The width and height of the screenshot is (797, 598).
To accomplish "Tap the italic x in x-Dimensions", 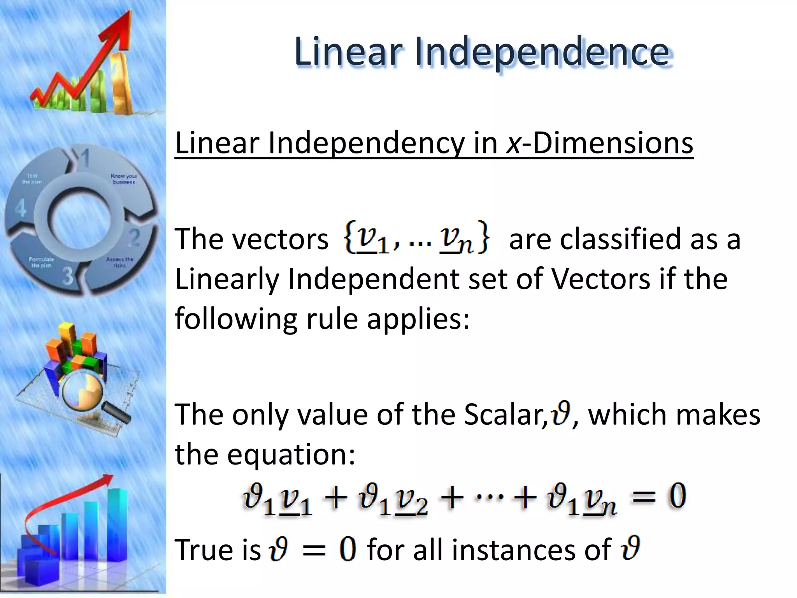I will (513, 143).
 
